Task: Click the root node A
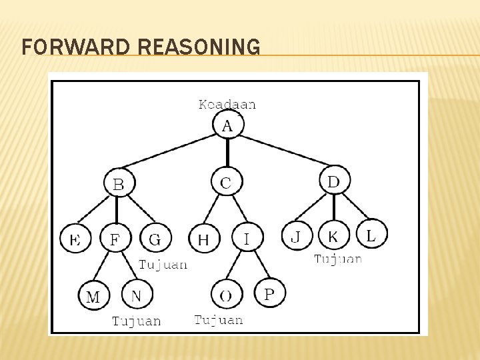point(228,125)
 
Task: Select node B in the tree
point(119,183)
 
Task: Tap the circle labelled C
point(227,181)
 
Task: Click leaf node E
point(75,239)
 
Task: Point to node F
point(115,238)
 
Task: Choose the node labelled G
point(155,238)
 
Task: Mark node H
point(204,239)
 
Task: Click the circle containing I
point(247,237)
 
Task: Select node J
point(296,236)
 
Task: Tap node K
point(334,236)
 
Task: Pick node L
point(371,234)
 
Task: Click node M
point(93,296)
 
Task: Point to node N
point(137,294)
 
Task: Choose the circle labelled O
point(226,295)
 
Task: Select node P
point(270,293)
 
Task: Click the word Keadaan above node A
point(227,104)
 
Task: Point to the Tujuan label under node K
point(338,259)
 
